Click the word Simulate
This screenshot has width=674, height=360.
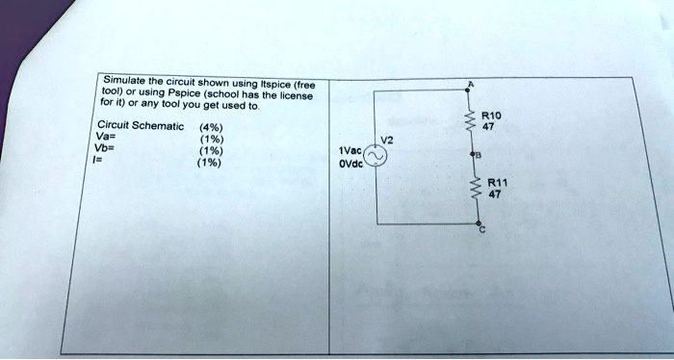point(121,80)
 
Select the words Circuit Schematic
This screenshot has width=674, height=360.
point(136,126)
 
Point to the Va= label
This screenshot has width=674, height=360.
point(106,138)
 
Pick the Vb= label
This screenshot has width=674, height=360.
point(106,149)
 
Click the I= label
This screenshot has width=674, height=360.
point(101,161)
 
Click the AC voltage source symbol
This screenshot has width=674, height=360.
point(375,159)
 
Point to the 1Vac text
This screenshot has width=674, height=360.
point(350,151)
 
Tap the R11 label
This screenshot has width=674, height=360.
point(497,183)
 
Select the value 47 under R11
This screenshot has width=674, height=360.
point(495,193)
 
